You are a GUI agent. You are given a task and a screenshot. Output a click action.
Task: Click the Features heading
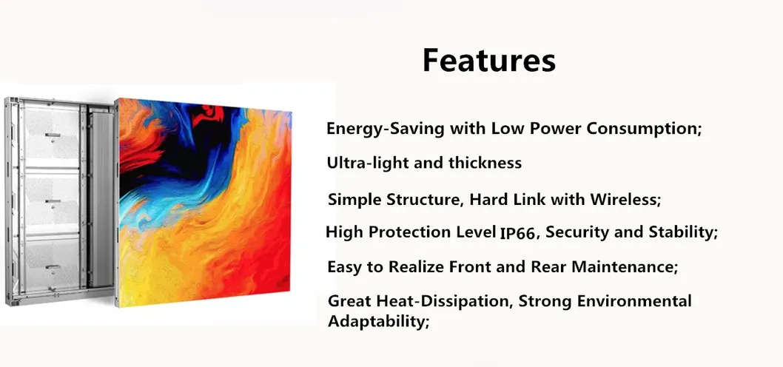tap(488, 60)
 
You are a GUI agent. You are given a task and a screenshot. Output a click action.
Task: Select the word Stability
tap(681, 232)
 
